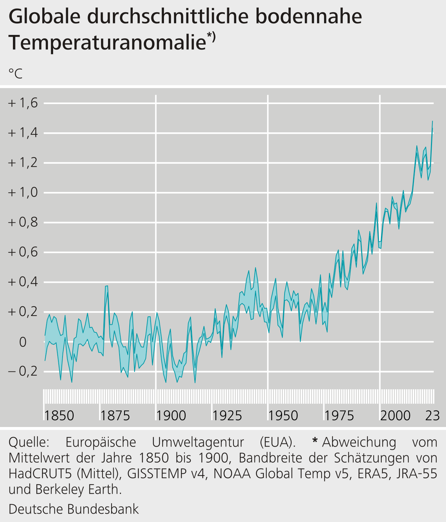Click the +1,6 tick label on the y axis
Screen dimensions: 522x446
point(23,103)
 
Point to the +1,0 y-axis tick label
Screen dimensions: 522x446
point(23,193)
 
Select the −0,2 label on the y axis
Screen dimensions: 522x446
point(23,372)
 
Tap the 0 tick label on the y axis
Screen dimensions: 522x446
point(23,342)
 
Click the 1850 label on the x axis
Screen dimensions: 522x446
point(59,416)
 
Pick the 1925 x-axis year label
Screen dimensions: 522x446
point(227,416)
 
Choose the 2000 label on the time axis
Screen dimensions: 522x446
point(395,416)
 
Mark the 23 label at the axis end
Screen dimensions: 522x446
point(432,416)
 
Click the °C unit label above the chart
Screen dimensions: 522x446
point(15,74)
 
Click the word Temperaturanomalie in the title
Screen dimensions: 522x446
point(107,43)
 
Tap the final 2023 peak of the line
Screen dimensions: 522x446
point(432,122)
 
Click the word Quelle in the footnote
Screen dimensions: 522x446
point(29,442)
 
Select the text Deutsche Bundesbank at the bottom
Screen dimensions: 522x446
point(73,509)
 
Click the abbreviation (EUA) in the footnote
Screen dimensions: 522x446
point(278,442)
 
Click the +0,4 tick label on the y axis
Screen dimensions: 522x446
point(23,282)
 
